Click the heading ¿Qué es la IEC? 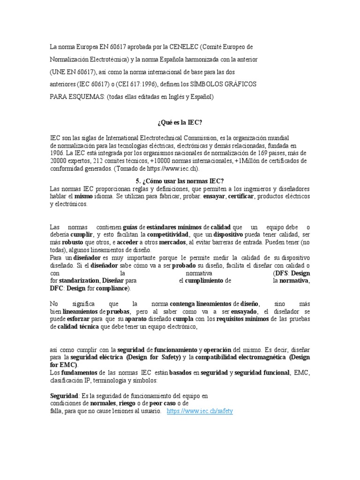coord(180,122)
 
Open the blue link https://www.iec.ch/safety coord(200,411)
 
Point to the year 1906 coord(58,153)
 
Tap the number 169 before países coord(264,153)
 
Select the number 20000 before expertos coord(60,160)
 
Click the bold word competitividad coord(168,234)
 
